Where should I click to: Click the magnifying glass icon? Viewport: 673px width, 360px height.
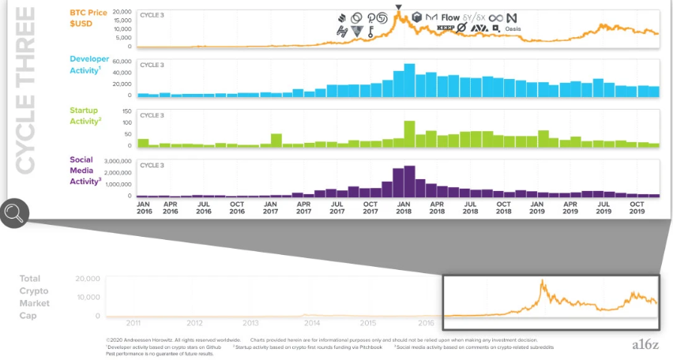pos(14,213)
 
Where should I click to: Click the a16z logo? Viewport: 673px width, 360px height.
pos(645,343)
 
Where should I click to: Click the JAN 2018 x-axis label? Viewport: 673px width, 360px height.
pos(403,207)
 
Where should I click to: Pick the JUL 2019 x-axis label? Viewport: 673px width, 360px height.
pos(603,207)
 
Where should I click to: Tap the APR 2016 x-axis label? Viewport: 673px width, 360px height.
pos(170,207)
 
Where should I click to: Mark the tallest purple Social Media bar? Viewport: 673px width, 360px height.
pos(409,181)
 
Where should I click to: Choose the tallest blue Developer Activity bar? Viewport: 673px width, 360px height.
pos(409,80)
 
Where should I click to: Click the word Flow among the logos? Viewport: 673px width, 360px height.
pos(450,17)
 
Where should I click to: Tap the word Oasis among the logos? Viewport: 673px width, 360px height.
pos(513,29)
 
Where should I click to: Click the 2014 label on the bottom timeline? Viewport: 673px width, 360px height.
pos(311,323)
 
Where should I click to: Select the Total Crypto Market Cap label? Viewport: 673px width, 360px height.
pos(35,297)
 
